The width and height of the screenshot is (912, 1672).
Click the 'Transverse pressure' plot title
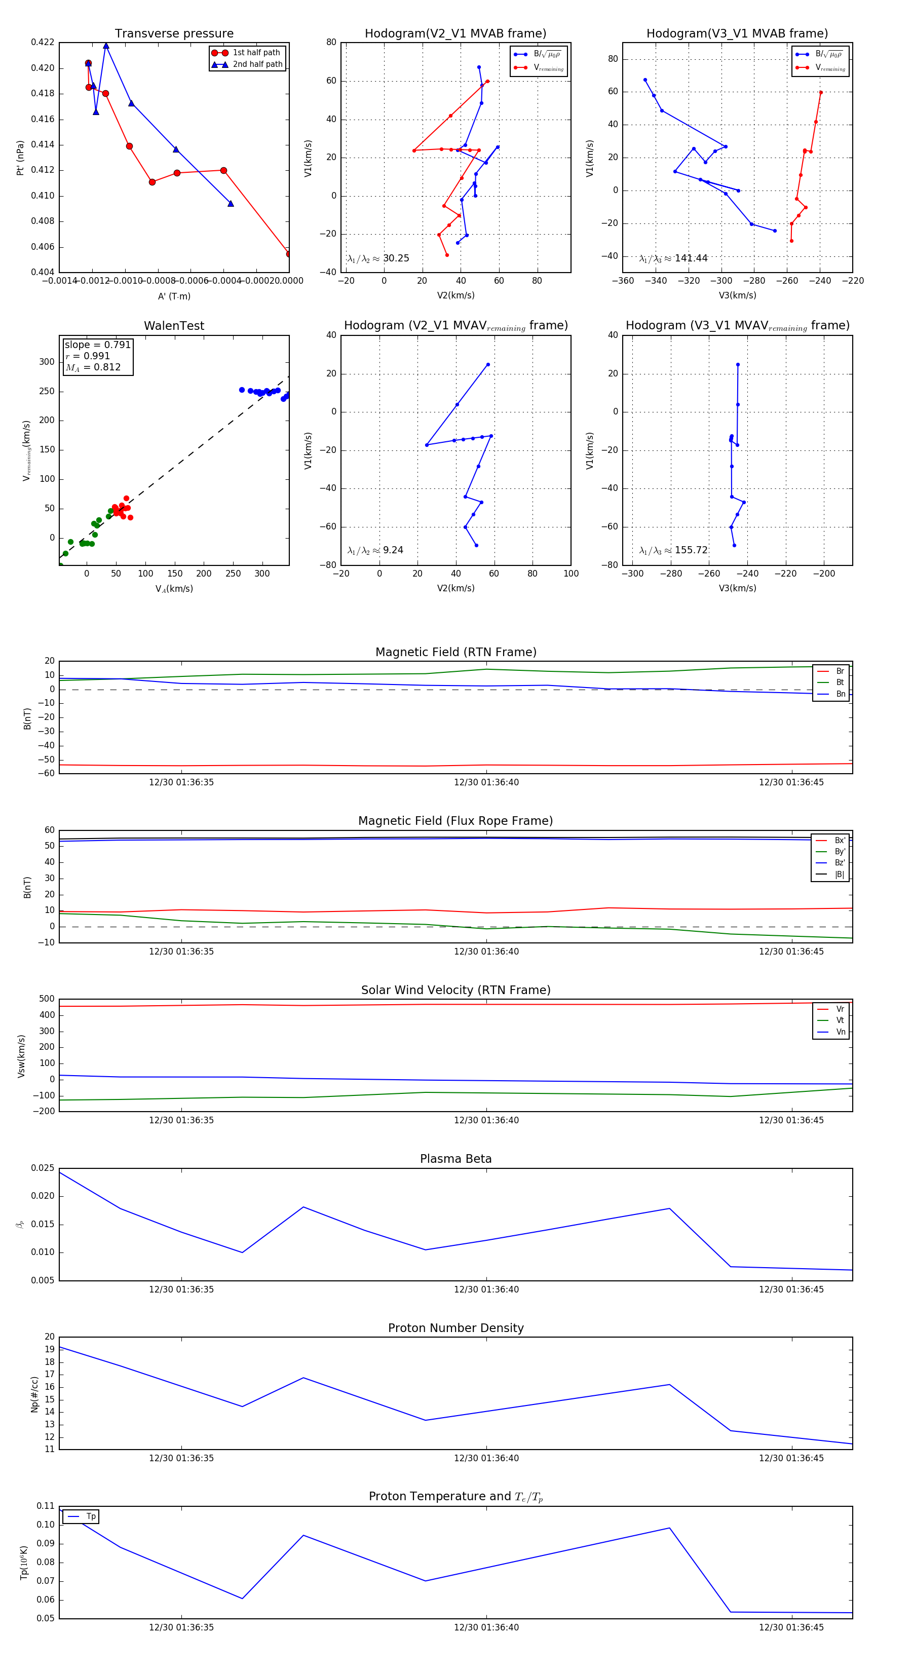(174, 34)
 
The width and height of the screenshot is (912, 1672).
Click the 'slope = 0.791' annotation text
(97, 345)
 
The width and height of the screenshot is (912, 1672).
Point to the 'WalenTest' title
(174, 326)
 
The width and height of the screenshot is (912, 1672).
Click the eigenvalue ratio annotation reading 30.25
(378, 258)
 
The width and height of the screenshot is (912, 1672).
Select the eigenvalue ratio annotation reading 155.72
(673, 550)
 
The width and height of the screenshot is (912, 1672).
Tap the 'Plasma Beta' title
(455, 1159)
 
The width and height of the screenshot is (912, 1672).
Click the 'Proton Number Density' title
(455, 1328)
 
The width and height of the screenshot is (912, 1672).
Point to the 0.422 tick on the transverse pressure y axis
(43, 42)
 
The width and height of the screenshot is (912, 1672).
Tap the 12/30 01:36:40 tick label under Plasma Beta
(486, 1289)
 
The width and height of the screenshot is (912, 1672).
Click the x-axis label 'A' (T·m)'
(174, 296)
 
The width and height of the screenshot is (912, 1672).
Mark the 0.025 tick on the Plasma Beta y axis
(43, 1168)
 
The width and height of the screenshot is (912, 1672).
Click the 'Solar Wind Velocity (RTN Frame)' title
(455, 990)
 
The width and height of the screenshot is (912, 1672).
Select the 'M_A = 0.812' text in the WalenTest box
(93, 367)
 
